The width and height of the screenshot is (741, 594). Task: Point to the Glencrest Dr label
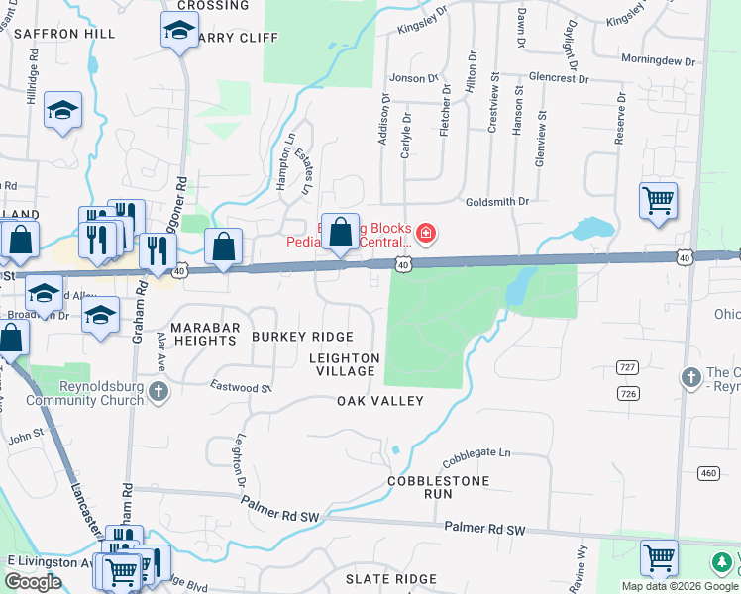coord(559,77)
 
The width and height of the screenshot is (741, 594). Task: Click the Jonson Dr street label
coord(413,77)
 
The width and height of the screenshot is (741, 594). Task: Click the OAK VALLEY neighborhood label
coord(379,401)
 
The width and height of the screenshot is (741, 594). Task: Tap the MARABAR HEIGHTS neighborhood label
coord(203,333)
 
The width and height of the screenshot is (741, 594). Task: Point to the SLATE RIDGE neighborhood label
coord(390,579)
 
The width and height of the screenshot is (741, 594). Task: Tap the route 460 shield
coord(707,473)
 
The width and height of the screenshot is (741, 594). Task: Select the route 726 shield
coord(657,394)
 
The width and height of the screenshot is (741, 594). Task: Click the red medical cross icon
coord(426,234)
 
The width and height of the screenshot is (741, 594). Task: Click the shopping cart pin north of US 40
coord(658,201)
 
